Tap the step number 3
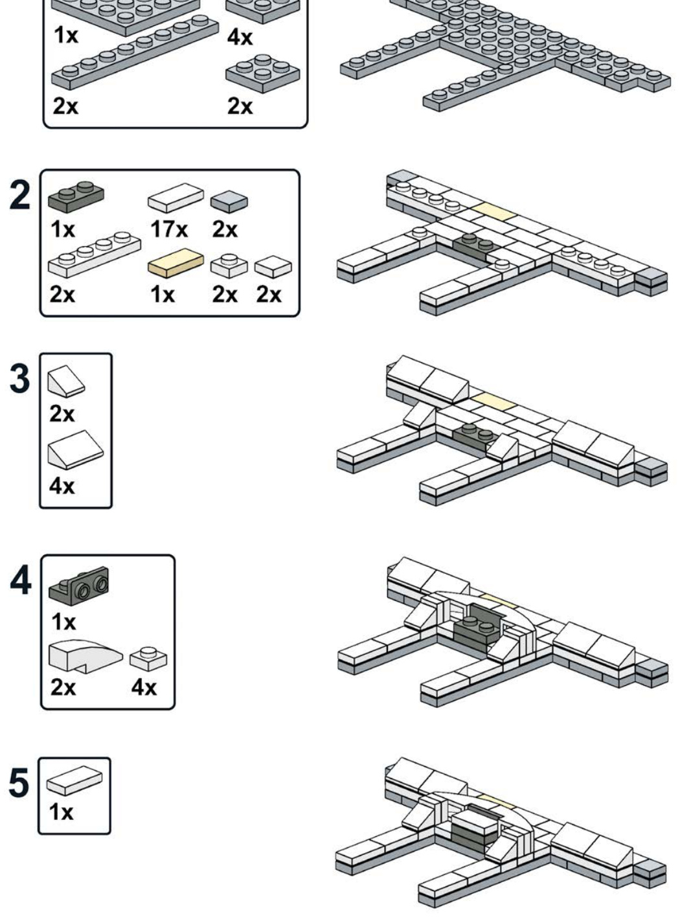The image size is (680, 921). [x=19, y=378]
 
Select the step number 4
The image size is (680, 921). [x=20, y=580]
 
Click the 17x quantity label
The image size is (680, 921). [x=169, y=229]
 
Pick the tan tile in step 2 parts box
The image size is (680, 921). [x=176, y=263]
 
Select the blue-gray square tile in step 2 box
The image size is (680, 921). [x=229, y=202]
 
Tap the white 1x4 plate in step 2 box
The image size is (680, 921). [x=95, y=255]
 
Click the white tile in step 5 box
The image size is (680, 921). [x=74, y=780]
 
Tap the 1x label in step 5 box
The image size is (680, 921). [x=61, y=812]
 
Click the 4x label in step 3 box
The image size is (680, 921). [x=62, y=486]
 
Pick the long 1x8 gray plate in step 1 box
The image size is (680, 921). [x=135, y=52]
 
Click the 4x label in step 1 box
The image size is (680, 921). [x=240, y=37]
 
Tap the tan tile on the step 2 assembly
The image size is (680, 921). [x=494, y=212]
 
